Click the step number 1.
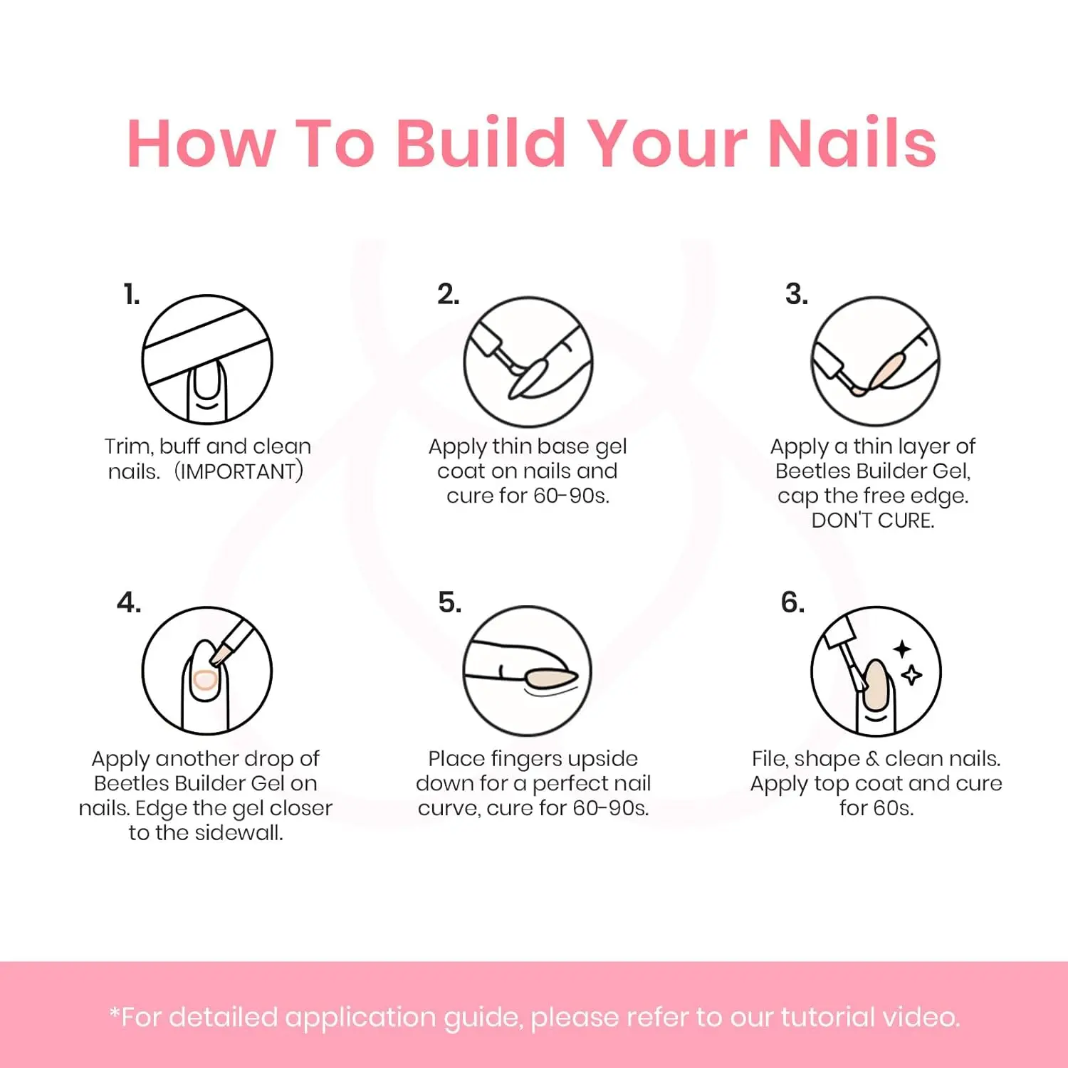click(132, 294)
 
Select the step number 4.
click(129, 602)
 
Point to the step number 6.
click(793, 602)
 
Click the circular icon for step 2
click(528, 362)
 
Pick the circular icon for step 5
click(528, 671)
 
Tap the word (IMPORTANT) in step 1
click(239, 471)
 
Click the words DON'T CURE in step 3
click(873, 520)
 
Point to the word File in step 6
click(769, 758)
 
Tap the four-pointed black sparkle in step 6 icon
click(902, 649)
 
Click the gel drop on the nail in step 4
click(205, 681)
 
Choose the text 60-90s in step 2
click(571, 496)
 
